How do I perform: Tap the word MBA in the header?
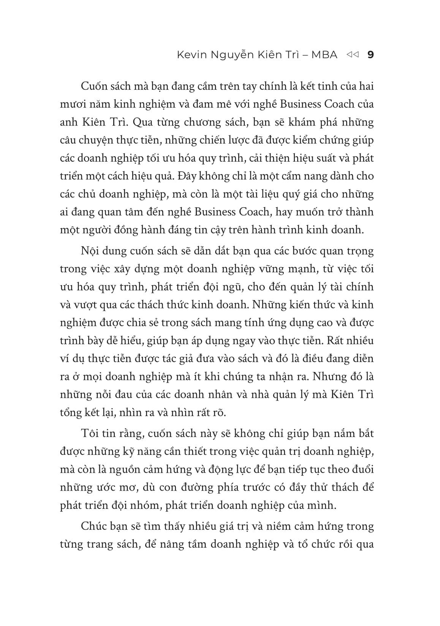[x=324, y=55]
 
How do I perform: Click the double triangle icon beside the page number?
[x=353, y=55]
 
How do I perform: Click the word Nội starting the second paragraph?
[x=89, y=251]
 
